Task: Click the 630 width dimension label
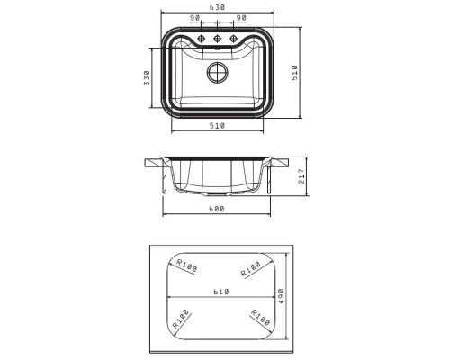pyautogui.click(x=217, y=7)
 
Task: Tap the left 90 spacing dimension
pyautogui.click(x=195, y=18)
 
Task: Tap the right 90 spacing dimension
pyautogui.click(x=241, y=18)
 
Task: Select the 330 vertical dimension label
pyautogui.click(x=147, y=77)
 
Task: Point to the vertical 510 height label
pyautogui.click(x=295, y=73)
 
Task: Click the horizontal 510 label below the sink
pyautogui.click(x=217, y=126)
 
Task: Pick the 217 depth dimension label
pyautogui.click(x=301, y=176)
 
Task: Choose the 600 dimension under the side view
pyautogui.click(x=217, y=209)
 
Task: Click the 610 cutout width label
pyautogui.click(x=221, y=292)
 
